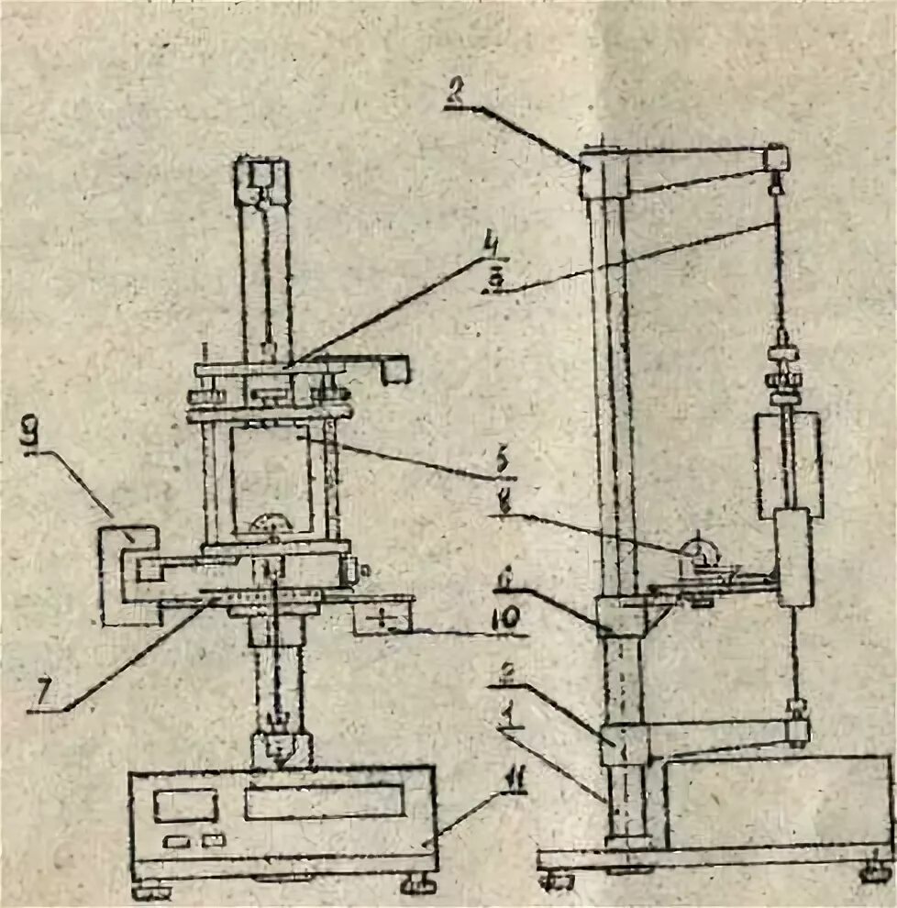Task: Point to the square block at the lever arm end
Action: tap(396, 369)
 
